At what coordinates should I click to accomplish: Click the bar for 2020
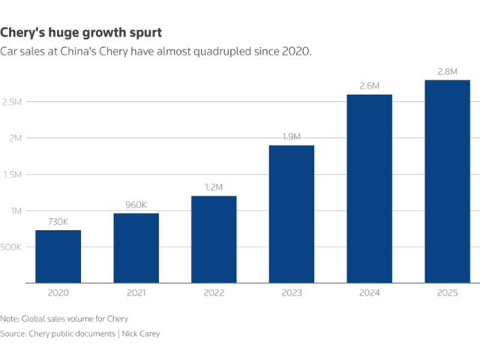[x=58, y=256]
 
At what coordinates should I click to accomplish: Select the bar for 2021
[x=136, y=248]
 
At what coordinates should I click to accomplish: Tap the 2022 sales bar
[x=214, y=239]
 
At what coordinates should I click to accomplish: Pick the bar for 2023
[x=292, y=214]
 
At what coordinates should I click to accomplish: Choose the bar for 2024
[x=370, y=189]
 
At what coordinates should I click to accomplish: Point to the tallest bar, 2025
[x=447, y=181]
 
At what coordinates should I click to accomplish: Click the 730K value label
[x=58, y=222]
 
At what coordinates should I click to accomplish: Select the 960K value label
[x=136, y=205]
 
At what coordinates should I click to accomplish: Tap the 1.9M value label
[x=292, y=137]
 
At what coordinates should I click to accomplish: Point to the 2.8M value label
[x=447, y=72]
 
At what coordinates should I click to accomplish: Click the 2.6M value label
[x=370, y=87]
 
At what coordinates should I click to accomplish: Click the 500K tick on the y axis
[x=14, y=247]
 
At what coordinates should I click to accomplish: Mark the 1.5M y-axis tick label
[x=15, y=174]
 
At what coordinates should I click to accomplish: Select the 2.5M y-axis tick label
[x=15, y=101]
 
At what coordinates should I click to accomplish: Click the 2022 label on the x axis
[x=214, y=294]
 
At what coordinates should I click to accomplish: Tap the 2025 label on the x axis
[x=447, y=294]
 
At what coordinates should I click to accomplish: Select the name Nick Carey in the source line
[x=140, y=333]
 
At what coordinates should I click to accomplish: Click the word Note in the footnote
[x=10, y=319]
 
